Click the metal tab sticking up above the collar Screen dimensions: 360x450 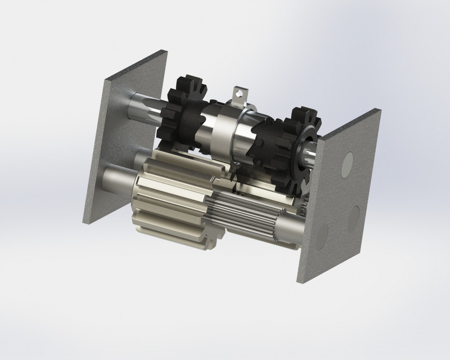[x=240, y=94]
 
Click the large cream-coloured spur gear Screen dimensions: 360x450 [x=169, y=197]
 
